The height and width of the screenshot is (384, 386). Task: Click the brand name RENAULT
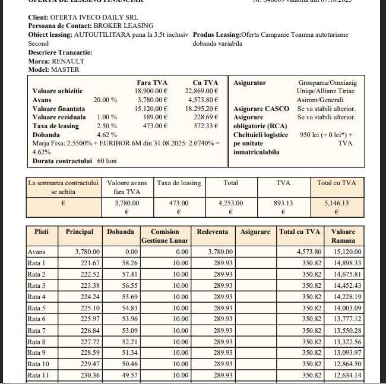[x=69, y=61]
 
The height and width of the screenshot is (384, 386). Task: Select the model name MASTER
[x=65, y=70]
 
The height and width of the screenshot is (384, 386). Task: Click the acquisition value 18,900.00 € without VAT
[x=151, y=91]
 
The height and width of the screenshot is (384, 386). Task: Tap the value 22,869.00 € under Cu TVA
[x=202, y=91]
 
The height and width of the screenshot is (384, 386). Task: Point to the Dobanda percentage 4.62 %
[x=107, y=135]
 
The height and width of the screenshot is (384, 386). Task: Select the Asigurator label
[x=250, y=82]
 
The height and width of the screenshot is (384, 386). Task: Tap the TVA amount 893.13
[x=283, y=203]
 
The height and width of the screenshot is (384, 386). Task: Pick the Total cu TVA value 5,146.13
[x=336, y=203]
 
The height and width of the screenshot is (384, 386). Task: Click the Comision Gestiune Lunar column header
[x=164, y=236]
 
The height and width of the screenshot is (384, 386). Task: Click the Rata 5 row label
[x=37, y=308]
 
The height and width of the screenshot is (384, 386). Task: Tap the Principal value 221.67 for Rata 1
[x=86, y=263]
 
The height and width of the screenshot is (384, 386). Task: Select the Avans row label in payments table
[x=36, y=252]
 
